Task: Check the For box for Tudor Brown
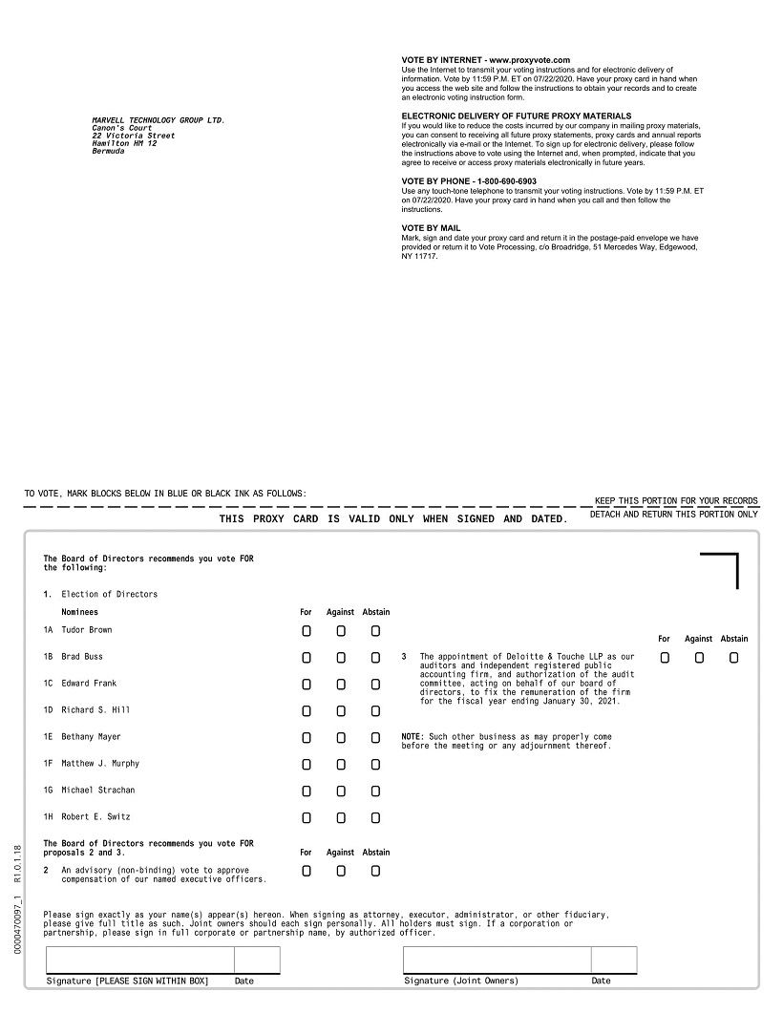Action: (x=307, y=631)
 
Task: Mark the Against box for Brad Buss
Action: (x=341, y=658)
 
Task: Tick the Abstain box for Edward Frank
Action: (x=375, y=685)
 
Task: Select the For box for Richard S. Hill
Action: (x=307, y=711)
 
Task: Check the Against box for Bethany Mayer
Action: (x=341, y=738)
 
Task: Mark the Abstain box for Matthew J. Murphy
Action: (x=375, y=764)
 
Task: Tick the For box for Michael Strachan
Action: (x=307, y=791)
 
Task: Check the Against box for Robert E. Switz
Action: (x=341, y=817)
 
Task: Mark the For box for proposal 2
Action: (x=307, y=871)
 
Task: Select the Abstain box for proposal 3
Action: (x=733, y=658)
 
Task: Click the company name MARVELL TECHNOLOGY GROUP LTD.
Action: (x=159, y=120)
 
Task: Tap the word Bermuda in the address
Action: (x=108, y=152)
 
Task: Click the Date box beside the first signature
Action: (x=257, y=960)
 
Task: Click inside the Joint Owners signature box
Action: (x=497, y=960)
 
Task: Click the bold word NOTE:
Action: (x=413, y=737)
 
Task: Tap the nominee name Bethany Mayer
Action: (x=92, y=737)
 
